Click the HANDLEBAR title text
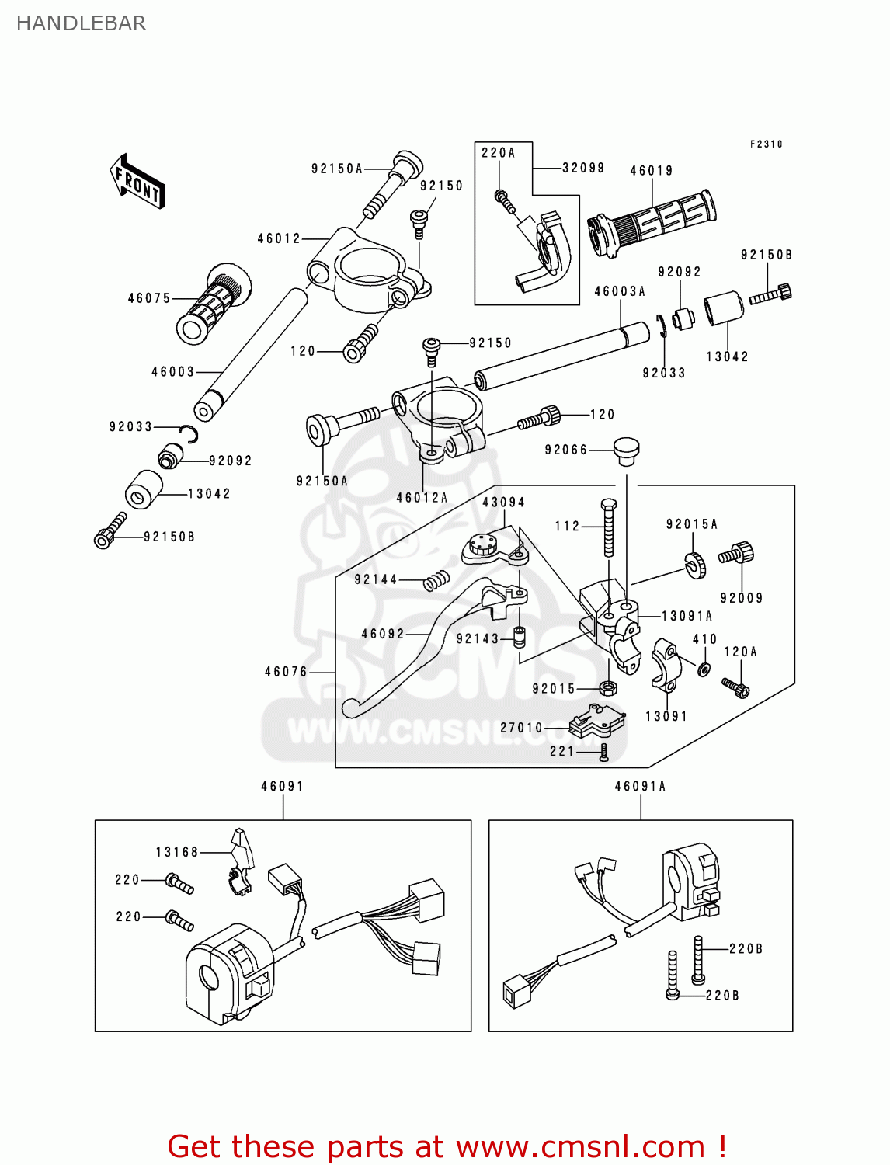[x=81, y=23]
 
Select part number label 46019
[x=651, y=171]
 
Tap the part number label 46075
[x=149, y=298]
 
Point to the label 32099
[x=583, y=168]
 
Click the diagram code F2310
[x=766, y=144]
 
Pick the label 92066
[x=566, y=450]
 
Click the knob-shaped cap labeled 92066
[x=626, y=450]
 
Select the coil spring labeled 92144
[x=437, y=580]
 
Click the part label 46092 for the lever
[x=383, y=634]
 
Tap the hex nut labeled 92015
[x=609, y=688]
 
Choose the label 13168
[x=177, y=852]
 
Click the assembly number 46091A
[x=640, y=786]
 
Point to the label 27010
[x=521, y=728]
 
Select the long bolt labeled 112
[x=608, y=527]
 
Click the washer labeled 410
[x=704, y=669]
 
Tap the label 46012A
[x=422, y=498]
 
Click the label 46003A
[x=620, y=291]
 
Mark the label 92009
[x=741, y=598]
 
